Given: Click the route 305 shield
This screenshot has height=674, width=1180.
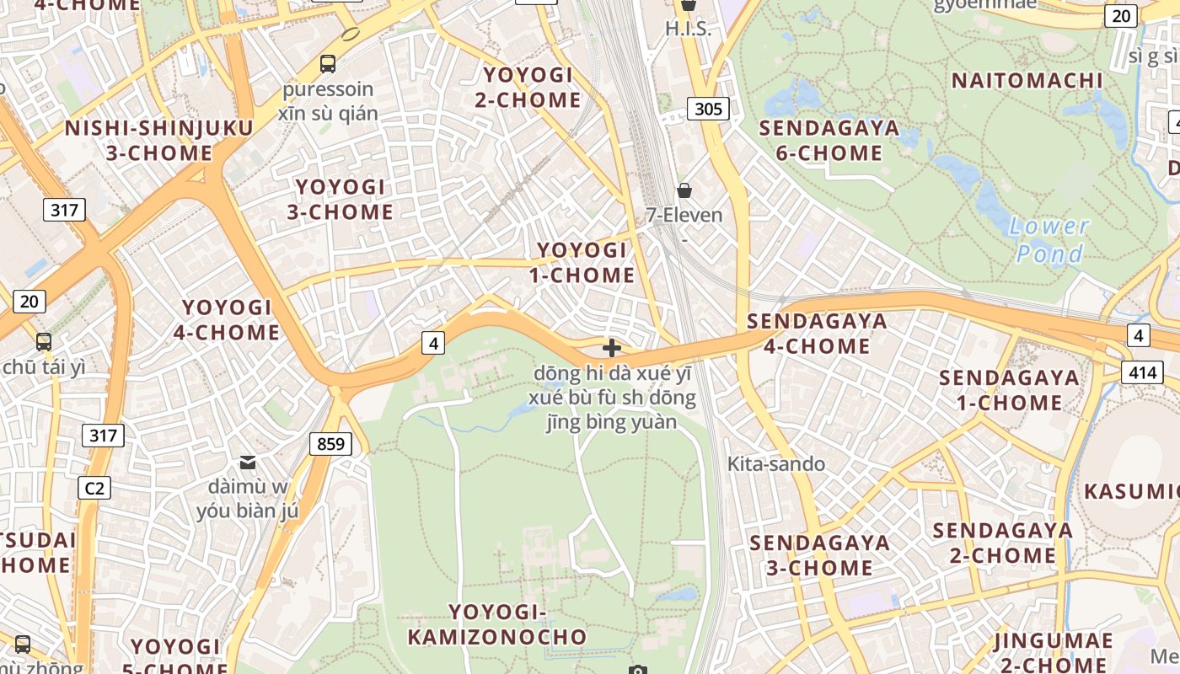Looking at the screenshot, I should click(x=708, y=108).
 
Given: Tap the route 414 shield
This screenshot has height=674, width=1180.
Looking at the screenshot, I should click(x=1142, y=372).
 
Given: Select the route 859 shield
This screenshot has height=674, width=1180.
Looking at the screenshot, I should click(x=330, y=443).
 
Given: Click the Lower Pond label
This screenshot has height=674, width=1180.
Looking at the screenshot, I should click(x=1049, y=240).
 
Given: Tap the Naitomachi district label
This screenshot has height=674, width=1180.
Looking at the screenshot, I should click(x=1027, y=81).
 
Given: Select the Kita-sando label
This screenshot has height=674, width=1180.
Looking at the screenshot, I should click(x=776, y=463).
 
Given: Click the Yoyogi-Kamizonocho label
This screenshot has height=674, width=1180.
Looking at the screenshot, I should click(x=497, y=624).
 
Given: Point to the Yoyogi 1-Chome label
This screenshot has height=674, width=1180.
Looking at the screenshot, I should click(x=582, y=263).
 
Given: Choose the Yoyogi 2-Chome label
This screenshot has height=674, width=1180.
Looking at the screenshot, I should click(x=528, y=88).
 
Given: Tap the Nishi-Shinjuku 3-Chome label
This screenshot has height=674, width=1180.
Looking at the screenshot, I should click(x=159, y=141).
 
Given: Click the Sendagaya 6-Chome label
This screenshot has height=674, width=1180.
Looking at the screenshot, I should click(x=829, y=141).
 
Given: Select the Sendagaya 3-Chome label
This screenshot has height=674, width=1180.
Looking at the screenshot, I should click(x=819, y=555).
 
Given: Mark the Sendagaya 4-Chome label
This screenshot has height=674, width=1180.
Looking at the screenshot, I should click(x=817, y=334).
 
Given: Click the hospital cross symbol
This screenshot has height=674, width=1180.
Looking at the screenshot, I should click(x=612, y=347).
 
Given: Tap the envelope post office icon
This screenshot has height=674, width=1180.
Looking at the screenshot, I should click(x=248, y=462).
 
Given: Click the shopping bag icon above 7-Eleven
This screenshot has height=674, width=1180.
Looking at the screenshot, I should click(x=684, y=190).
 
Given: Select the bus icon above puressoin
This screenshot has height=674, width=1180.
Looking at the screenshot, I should click(x=327, y=63).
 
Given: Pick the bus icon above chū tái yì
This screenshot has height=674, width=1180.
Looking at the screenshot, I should click(x=43, y=342).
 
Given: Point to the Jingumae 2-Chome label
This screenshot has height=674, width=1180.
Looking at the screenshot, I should click(x=1053, y=652).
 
